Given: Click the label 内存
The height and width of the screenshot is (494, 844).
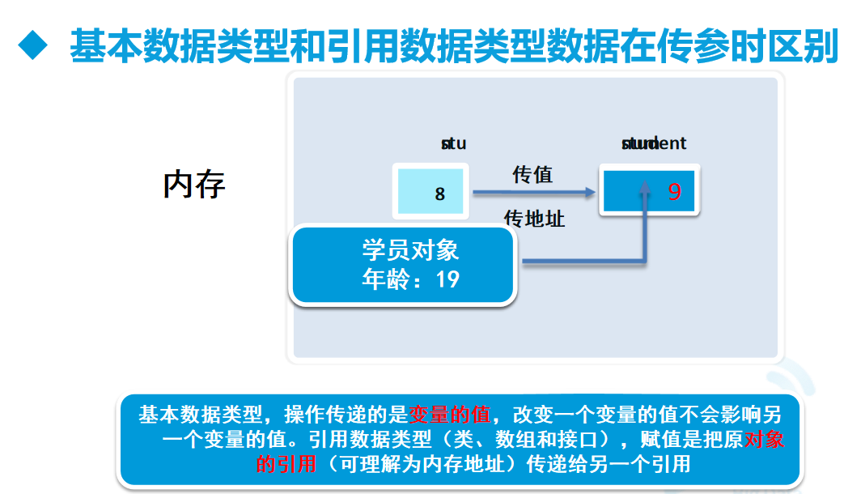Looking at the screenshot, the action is coord(194,185).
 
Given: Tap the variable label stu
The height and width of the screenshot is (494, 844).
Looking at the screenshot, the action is coord(453,144).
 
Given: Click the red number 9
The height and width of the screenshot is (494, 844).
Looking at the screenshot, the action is coord(675,192).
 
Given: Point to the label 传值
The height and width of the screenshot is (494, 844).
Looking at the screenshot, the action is coord(532,174).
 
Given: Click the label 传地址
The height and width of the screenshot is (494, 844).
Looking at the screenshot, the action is coord(534,219).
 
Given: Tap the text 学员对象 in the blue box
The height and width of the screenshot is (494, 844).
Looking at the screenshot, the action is coord(411,250).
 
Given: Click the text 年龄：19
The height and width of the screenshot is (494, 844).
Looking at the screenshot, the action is coord(411,280).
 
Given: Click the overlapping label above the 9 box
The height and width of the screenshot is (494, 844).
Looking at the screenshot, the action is coord(653,144).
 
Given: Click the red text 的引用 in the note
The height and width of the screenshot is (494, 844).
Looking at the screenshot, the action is coord(286,464).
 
